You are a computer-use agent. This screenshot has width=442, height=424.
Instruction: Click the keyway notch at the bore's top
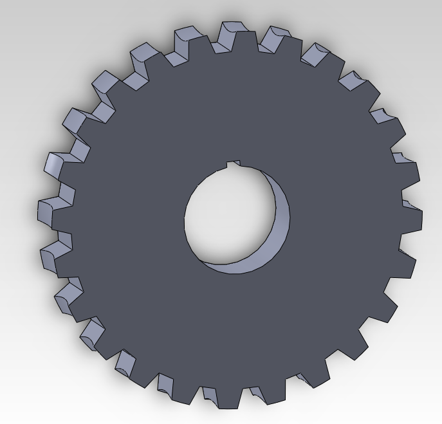[235, 165]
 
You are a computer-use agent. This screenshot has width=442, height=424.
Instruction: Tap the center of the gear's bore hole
[232, 216]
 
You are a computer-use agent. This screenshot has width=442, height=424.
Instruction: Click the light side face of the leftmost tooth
[44, 212]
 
